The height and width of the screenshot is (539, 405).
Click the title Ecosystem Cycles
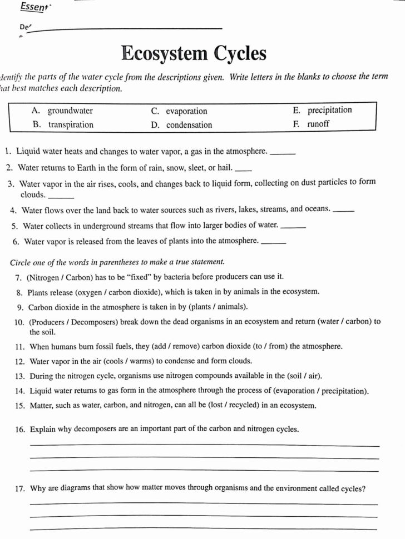click(194, 54)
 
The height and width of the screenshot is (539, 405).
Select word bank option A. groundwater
click(63, 111)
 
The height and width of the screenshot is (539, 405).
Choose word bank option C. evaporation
click(179, 111)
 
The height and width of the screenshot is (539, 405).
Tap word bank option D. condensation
click(181, 125)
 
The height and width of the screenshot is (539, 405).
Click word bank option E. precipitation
click(322, 110)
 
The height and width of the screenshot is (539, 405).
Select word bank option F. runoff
click(311, 124)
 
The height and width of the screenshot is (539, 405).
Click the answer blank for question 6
click(273, 242)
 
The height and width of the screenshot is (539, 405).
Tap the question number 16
click(21, 430)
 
